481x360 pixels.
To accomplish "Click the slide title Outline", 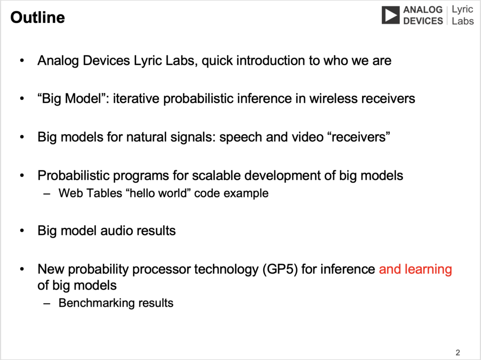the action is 38,17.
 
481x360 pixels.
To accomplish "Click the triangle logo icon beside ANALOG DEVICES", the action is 390,15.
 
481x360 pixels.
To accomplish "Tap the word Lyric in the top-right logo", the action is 462,9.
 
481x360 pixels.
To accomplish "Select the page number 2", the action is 458,352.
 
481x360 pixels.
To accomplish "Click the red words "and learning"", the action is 415,269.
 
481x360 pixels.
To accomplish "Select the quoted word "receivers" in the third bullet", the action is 361,137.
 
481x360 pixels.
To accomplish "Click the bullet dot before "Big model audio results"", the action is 22,230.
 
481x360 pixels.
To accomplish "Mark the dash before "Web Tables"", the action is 47,194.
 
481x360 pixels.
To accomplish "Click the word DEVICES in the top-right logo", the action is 423,21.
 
